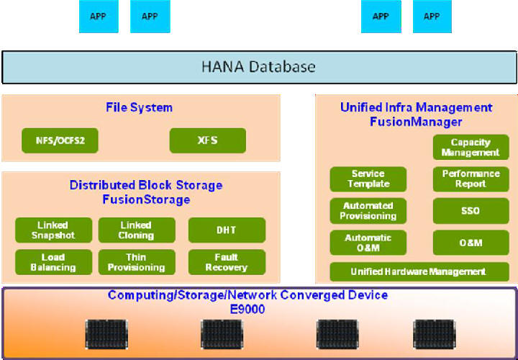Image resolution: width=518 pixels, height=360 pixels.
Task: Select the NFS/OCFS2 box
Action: pos(60,140)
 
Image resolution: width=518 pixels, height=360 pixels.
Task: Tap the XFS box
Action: pos(208,140)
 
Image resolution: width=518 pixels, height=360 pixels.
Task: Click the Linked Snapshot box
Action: pos(54,230)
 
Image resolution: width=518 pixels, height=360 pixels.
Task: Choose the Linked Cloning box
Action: pos(137,230)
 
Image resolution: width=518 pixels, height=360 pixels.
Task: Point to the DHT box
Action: pos(227,230)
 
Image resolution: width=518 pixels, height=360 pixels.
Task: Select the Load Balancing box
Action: pos(54,262)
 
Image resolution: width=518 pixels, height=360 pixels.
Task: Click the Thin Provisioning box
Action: pos(137,262)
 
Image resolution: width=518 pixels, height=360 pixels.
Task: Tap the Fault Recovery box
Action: pos(227,262)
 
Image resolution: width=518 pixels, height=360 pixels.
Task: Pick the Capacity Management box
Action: pos(471,148)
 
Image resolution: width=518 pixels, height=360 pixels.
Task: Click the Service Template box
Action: pos(368,179)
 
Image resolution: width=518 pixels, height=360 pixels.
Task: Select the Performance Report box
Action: pos(471,179)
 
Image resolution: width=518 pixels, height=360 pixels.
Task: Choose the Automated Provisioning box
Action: pos(368,211)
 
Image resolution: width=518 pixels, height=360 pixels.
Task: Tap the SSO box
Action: pos(471,211)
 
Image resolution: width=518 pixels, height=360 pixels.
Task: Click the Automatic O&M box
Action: pos(368,243)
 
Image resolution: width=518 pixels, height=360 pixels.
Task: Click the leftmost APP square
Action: pos(99,17)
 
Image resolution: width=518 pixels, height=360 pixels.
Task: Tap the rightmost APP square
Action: pos(432,17)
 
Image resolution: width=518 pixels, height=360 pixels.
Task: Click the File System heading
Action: pos(139,108)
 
